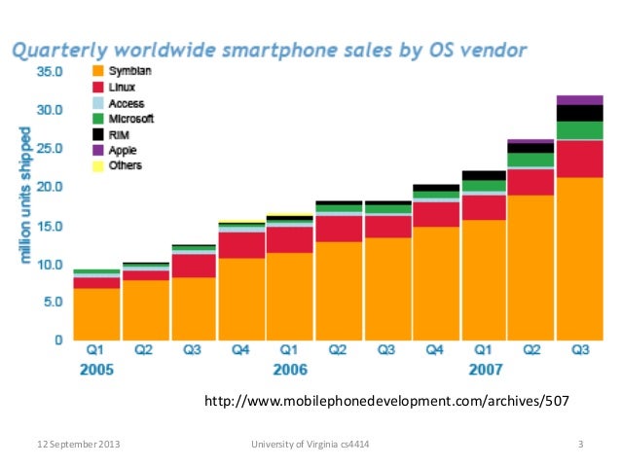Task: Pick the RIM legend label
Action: point(120,134)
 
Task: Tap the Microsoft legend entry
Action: point(129,119)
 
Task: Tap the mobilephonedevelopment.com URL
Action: point(385,400)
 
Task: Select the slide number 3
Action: point(579,446)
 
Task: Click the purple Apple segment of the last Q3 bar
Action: point(580,100)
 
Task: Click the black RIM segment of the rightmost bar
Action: point(580,113)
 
